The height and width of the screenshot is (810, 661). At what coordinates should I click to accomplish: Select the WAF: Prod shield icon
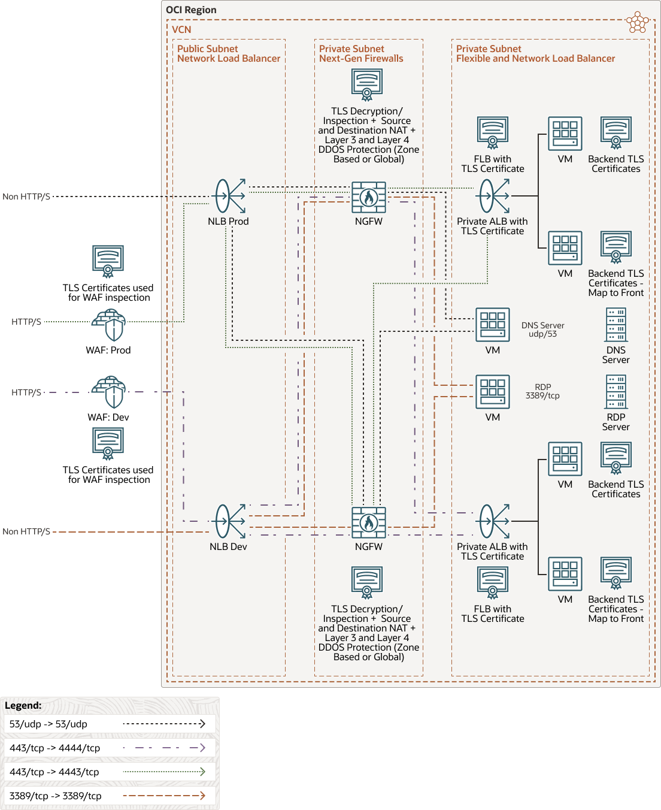coord(108,325)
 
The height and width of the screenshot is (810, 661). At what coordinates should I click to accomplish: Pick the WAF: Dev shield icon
coord(108,392)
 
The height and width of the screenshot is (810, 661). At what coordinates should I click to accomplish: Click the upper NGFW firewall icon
coord(369,197)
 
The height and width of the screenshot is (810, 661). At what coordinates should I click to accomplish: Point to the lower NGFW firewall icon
coord(369,522)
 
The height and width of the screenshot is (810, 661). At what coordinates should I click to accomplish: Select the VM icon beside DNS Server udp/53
coord(492,325)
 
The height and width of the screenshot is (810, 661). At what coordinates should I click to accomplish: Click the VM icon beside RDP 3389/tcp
coord(492,392)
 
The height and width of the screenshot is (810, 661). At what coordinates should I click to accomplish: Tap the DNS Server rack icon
coord(615,325)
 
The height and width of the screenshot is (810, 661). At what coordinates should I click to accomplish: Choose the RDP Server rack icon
coord(615,392)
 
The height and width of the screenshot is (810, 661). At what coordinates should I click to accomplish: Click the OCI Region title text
coord(191,10)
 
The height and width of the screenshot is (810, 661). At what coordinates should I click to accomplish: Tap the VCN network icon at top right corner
coord(637,23)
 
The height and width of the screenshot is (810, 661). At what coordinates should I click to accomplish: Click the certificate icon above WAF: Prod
coord(108,261)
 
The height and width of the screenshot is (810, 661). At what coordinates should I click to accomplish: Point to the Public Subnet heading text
coord(207,49)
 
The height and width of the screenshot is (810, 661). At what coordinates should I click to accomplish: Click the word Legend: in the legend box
coord(23,705)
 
